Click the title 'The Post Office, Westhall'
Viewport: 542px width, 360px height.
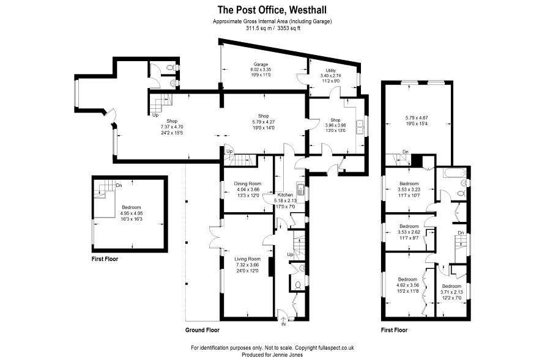pyautogui.click(x=272, y=10)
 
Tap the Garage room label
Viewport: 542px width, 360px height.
pyautogui.click(x=261, y=65)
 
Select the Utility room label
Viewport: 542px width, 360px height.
pyautogui.click(x=330, y=70)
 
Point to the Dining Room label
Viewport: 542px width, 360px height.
pyautogui.click(x=248, y=184)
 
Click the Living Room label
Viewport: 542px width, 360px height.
pyautogui.click(x=248, y=259)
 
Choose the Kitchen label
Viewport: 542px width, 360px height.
pyautogui.click(x=286, y=195)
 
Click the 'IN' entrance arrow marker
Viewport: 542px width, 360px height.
pyautogui.click(x=283, y=321)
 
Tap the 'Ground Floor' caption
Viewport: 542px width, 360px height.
pyautogui.click(x=202, y=330)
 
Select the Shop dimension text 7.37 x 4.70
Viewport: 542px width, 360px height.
pyautogui.click(x=172, y=127)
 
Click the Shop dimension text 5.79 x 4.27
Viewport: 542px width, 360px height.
pyautogui.click(x=264, y=122)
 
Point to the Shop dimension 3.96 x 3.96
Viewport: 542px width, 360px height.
pyautogui.click(x=335, y=125)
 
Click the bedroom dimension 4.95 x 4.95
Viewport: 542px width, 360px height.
pyautogui.click(x=132, y=213)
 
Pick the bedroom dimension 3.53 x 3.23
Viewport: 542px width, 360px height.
pyautogui.click(x=409, y=189)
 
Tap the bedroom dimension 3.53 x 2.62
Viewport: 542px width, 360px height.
pyautogui.click(x=409, y=232)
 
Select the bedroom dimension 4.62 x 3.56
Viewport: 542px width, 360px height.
pyautogui.click(x=407, y=285)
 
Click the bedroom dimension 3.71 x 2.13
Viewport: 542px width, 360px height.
pyautogui.click(x=451, y=292)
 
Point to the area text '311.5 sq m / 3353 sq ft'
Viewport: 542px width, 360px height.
pyautogui.click(x=273, y=28)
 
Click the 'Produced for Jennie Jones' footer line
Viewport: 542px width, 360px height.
pyautogui.click(x=272, y=355)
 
